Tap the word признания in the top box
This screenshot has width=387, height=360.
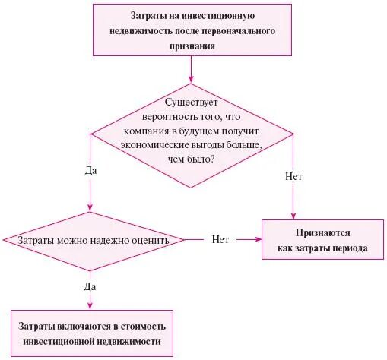(x=192, y=46)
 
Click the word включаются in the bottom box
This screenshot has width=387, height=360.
(x=92, y=326)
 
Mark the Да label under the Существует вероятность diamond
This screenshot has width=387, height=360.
(x=90, y=171)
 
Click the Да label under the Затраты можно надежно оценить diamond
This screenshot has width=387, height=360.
(x=90, y=286)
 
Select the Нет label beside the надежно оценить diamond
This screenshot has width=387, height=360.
(x=220, y=239)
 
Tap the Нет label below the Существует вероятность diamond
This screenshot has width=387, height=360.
(x=293, y=176)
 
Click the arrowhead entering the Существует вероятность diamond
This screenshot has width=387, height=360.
(x=191, y=77)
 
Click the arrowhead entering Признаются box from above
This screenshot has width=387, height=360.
(x=293, y=216)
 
